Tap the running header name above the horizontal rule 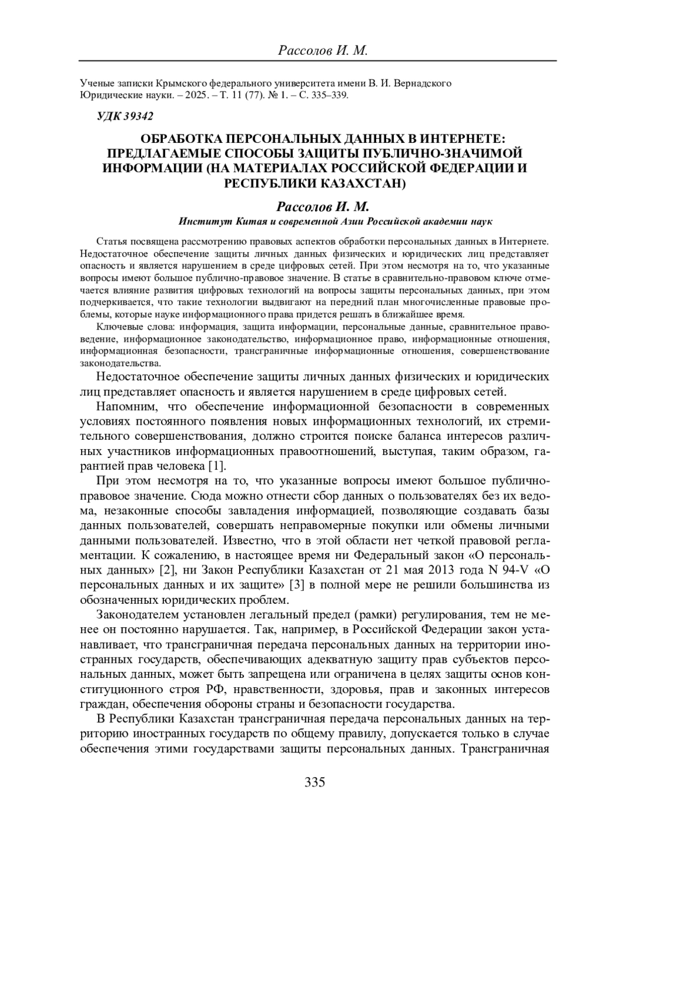click(x=323, y=51)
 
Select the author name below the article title click(x=323, y=208)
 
